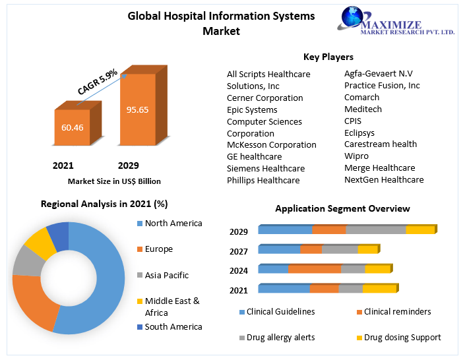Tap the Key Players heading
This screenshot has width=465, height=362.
coord(328,57)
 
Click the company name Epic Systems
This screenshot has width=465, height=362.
coord(252,109)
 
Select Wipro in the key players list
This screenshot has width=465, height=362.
coord(356,156)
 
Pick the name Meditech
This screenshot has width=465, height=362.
coord(363,109)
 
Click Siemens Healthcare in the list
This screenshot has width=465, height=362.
coord(266,168)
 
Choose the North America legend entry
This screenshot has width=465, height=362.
coord(173,224)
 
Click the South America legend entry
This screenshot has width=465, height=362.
coord(173,326)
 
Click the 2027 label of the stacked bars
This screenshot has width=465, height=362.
coord(239,251)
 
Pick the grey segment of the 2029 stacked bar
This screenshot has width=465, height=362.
coord(375,230)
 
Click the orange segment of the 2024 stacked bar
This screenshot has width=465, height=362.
coord(315,269)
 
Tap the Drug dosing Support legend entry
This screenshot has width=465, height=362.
coord(401,337)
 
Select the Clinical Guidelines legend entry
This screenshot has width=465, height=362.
coord(280,311)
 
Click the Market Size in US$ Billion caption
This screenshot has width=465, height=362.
coord(114,181)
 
